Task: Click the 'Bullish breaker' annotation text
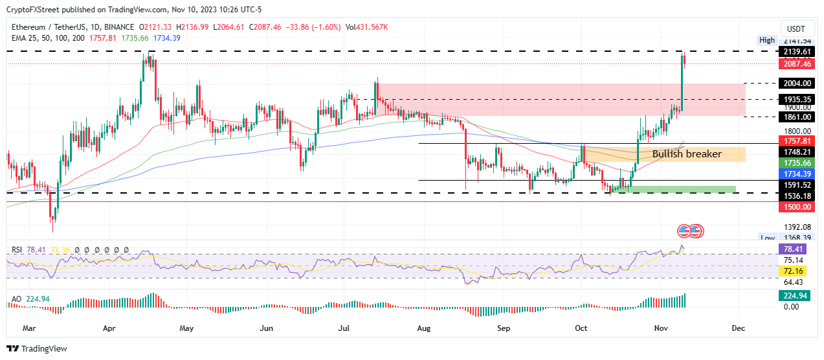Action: [686, 154]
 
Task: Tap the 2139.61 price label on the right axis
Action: [796, 51]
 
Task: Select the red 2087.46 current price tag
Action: [796, 63]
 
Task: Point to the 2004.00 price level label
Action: [796, 84]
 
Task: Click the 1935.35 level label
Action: [796, 99]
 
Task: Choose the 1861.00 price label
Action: [796, 117]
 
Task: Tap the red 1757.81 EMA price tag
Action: [796, 141]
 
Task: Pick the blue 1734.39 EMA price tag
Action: [796, 174]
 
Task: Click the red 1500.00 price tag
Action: [796, 207]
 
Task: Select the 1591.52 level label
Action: [796, 185]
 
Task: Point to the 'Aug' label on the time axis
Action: [424, 328]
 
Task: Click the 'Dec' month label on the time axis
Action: [737, 328]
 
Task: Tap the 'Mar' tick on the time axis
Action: [29, 328]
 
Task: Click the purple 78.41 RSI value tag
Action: [796, 249]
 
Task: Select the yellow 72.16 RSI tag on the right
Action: [796, 271]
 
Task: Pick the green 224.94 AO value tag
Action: [796, 296]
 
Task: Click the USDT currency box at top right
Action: [796, 29]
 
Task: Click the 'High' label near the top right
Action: [766, 40]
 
